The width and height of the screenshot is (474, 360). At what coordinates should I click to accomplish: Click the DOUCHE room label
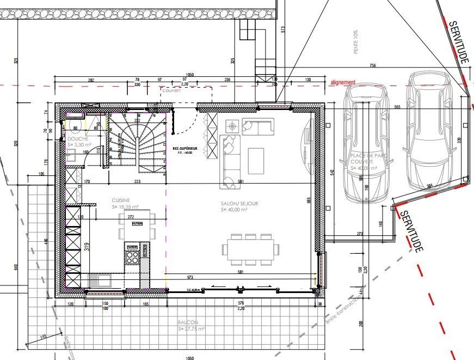click(x=76, y=139)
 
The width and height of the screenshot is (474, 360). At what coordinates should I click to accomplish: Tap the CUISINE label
click(x=121, y=200)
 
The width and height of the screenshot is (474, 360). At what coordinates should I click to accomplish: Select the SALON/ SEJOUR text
click(x=239, y=203)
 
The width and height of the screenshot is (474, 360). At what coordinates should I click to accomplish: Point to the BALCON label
click(x=187, y=322)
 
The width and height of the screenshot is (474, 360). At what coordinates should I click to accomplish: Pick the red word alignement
click(x=342, y=82)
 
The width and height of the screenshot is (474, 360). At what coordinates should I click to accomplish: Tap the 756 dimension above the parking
click(x=372, y=66)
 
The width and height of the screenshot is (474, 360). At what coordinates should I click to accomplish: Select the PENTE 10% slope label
click(x=356, y=41)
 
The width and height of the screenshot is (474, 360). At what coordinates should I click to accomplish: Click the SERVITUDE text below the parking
click(x=411, y=231)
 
